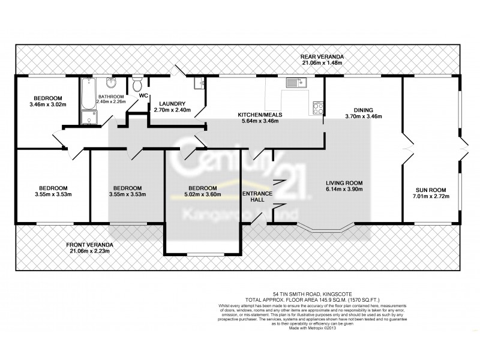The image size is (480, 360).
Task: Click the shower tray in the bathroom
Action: [89, 116]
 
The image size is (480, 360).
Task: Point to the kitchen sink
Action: [295, 82]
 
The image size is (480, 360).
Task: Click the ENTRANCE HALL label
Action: [257, 197]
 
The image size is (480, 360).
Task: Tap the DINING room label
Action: [363, 110]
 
